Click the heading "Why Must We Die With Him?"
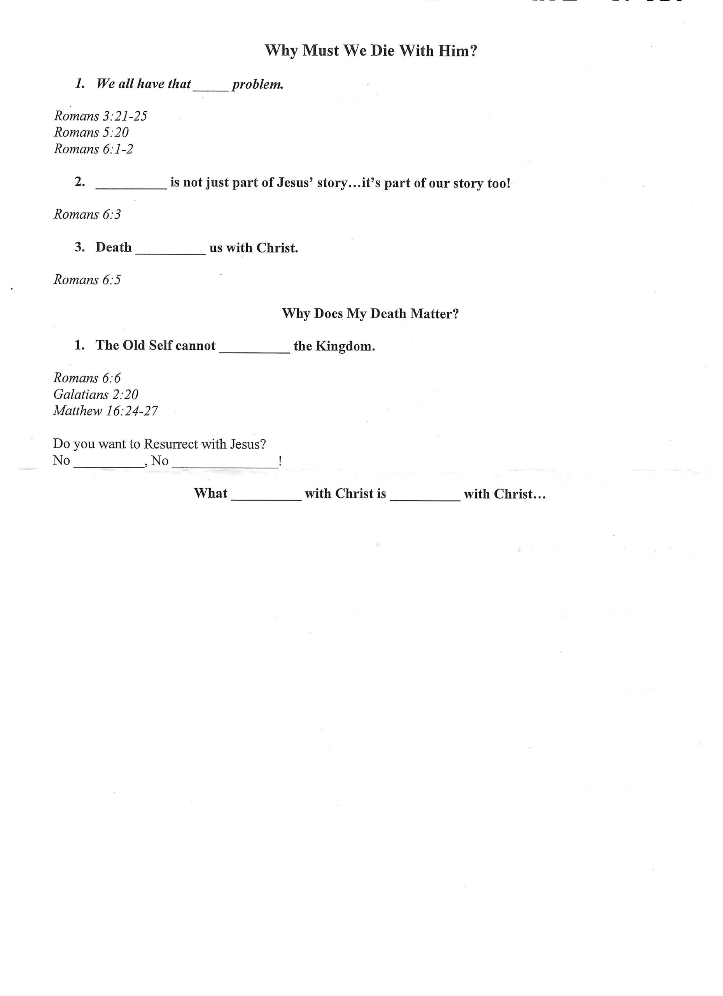(x=371, y=51)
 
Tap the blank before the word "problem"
(x=211, y=88)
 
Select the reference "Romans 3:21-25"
(x=100, y=116)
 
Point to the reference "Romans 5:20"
(x=91, y=133)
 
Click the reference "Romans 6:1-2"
(x=93, y=149)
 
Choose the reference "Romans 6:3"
(x=87, y=215)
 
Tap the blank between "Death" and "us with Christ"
(x=170, y=252)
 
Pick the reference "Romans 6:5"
(x=87, y=280)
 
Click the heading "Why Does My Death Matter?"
(x=370, y=314)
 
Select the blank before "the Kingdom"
(x=254, y=350)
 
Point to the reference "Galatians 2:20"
(x=96, y=395)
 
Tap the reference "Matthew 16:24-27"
(x=105, y=412)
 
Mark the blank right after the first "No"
(x=109, y=465)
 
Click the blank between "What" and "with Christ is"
(x=266, y=498)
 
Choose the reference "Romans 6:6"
(x=87, y=378)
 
